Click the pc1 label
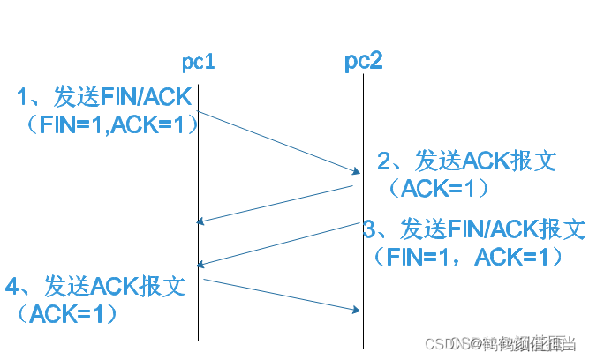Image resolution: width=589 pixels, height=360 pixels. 198,63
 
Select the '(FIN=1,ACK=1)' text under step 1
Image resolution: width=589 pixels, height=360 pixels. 109,126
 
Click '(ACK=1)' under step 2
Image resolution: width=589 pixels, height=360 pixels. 438,188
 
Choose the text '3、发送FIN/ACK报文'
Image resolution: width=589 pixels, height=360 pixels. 474,229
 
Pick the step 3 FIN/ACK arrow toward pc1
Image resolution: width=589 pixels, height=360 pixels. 279,243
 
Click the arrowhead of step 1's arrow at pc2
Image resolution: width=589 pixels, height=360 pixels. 356,170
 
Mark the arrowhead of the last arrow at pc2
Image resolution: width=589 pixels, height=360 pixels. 358,309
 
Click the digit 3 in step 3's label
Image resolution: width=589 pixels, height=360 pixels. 371,229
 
